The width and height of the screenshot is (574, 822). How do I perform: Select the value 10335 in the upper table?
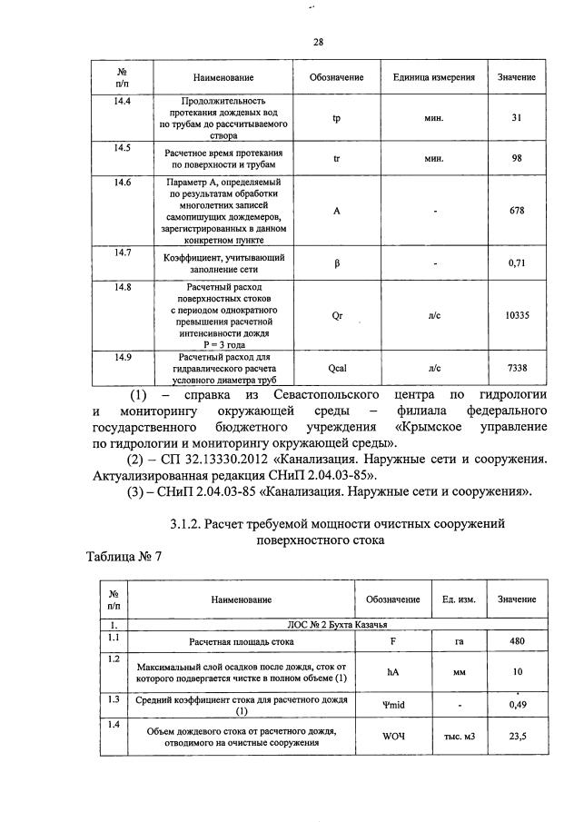click(516, 315)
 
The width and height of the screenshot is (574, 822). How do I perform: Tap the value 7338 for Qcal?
click(516, 368)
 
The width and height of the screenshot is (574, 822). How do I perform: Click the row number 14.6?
click(122, 183)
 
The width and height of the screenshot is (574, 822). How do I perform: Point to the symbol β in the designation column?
click(337, 263)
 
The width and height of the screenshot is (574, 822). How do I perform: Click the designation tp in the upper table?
click(337, 118)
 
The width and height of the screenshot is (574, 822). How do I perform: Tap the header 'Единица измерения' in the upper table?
click(430, 77)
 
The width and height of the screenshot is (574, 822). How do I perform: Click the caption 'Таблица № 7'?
click(124, 556)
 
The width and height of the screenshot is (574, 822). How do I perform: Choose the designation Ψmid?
click(392, 704)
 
